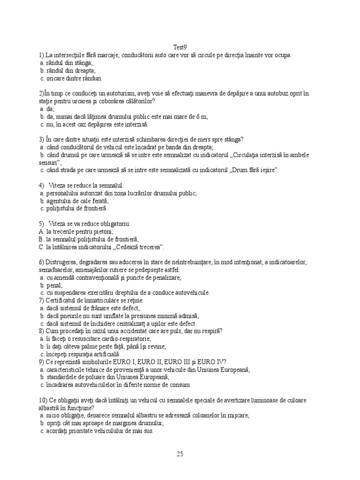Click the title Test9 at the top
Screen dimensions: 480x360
pos(180,47)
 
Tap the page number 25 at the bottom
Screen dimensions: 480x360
pos(180,453)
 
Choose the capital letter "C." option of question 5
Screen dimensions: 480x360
pos(42,247)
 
